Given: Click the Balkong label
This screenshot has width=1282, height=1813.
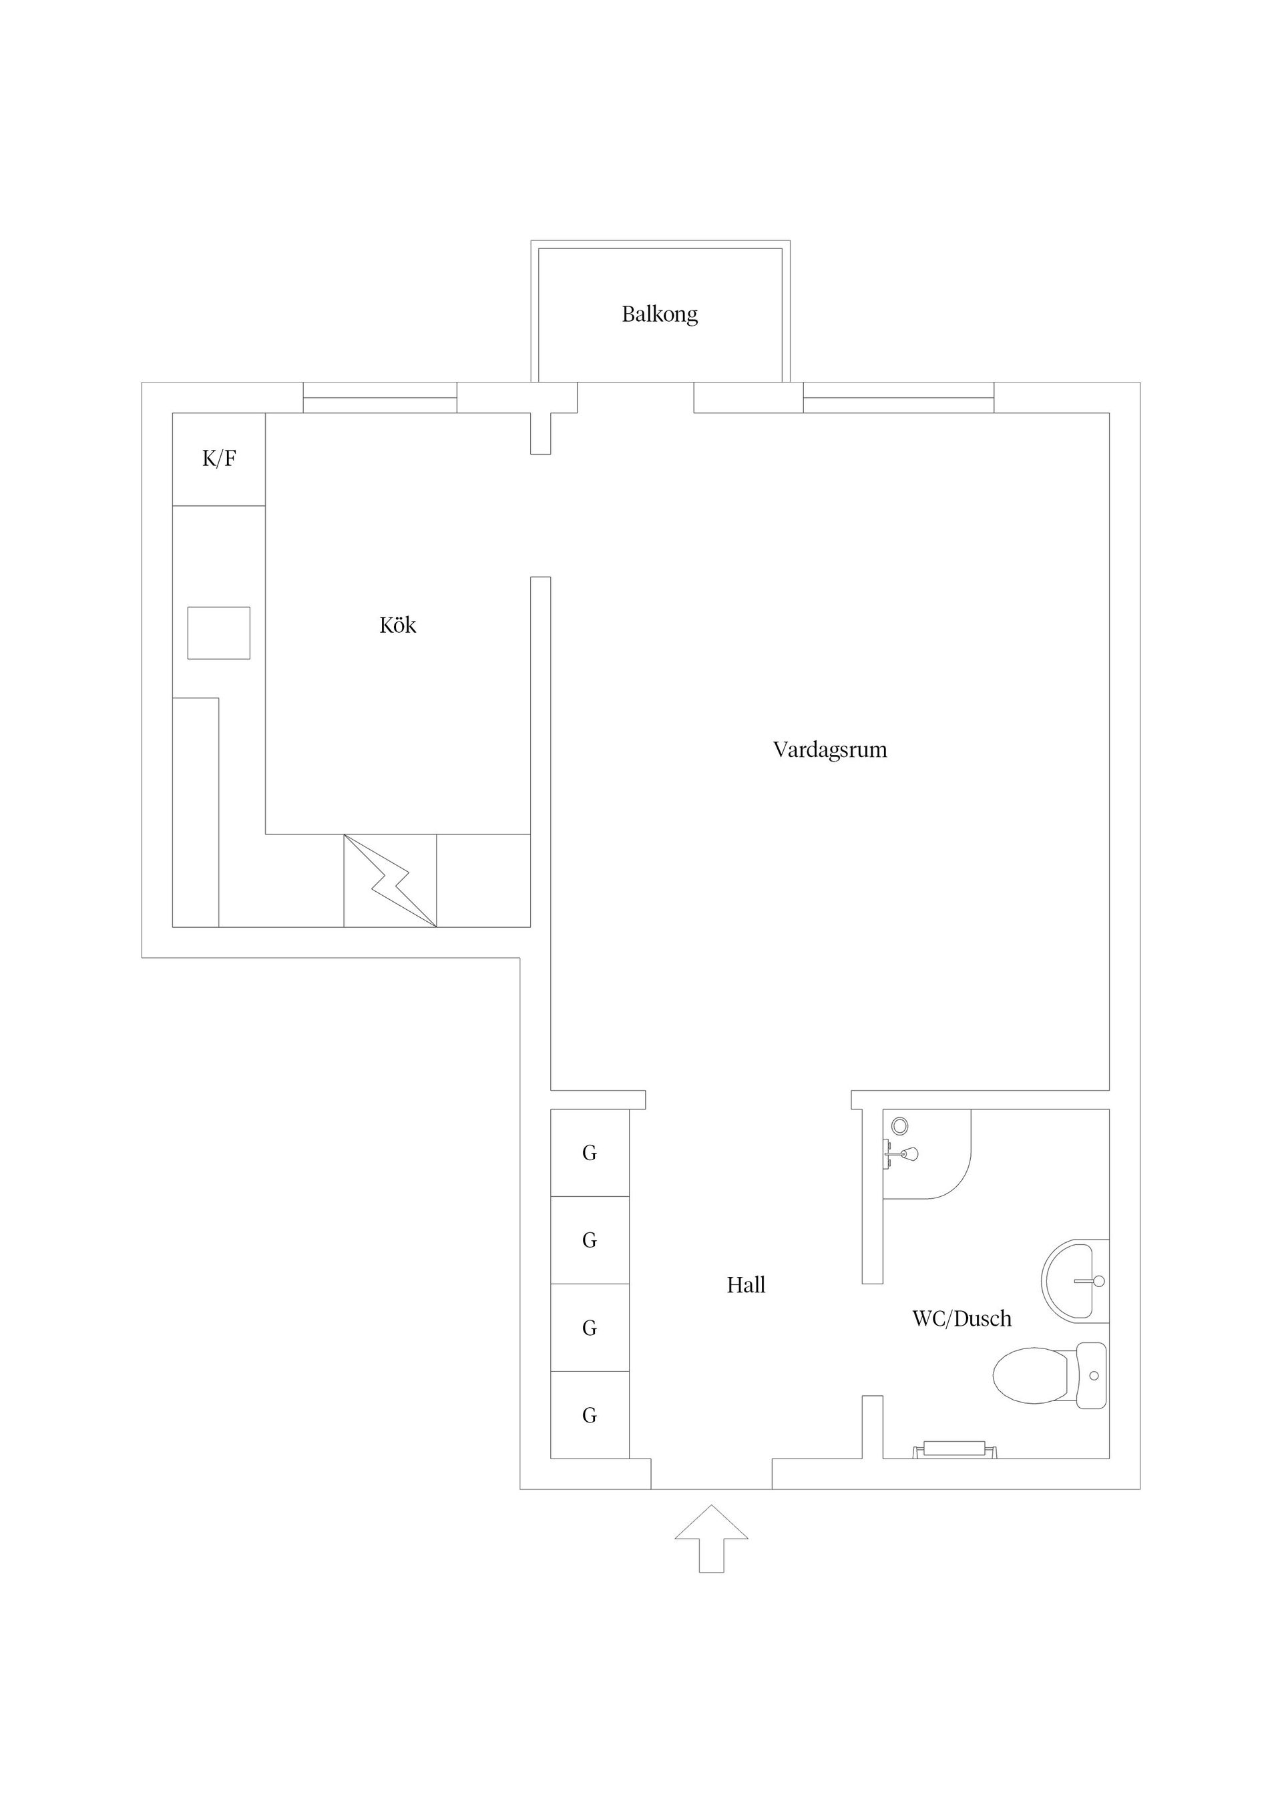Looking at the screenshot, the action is click(x=660, y=314).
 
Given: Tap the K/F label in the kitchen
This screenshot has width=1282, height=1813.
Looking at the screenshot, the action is click(x=219, y=459).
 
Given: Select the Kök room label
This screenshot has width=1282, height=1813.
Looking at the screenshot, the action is click(x=397, y=625).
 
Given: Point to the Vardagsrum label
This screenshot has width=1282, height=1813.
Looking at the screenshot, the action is click(x=829, y=750).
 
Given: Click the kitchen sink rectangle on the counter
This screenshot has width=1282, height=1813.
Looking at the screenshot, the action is click(x=219, y=633).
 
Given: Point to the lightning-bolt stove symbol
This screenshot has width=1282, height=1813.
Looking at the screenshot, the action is click(x=390, y=880).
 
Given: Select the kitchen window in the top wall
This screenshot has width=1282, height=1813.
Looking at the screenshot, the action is click(x=380, y=398).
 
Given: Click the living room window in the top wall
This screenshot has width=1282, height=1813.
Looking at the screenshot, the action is click(x=898, y=398).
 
